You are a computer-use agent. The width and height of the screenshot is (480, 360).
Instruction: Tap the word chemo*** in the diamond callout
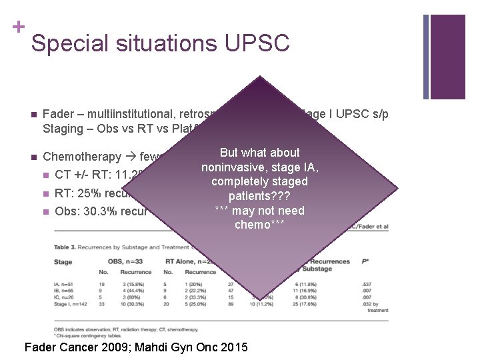click(x=259, y=225)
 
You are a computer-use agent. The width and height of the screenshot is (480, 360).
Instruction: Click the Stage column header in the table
click(x=63, y=261)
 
